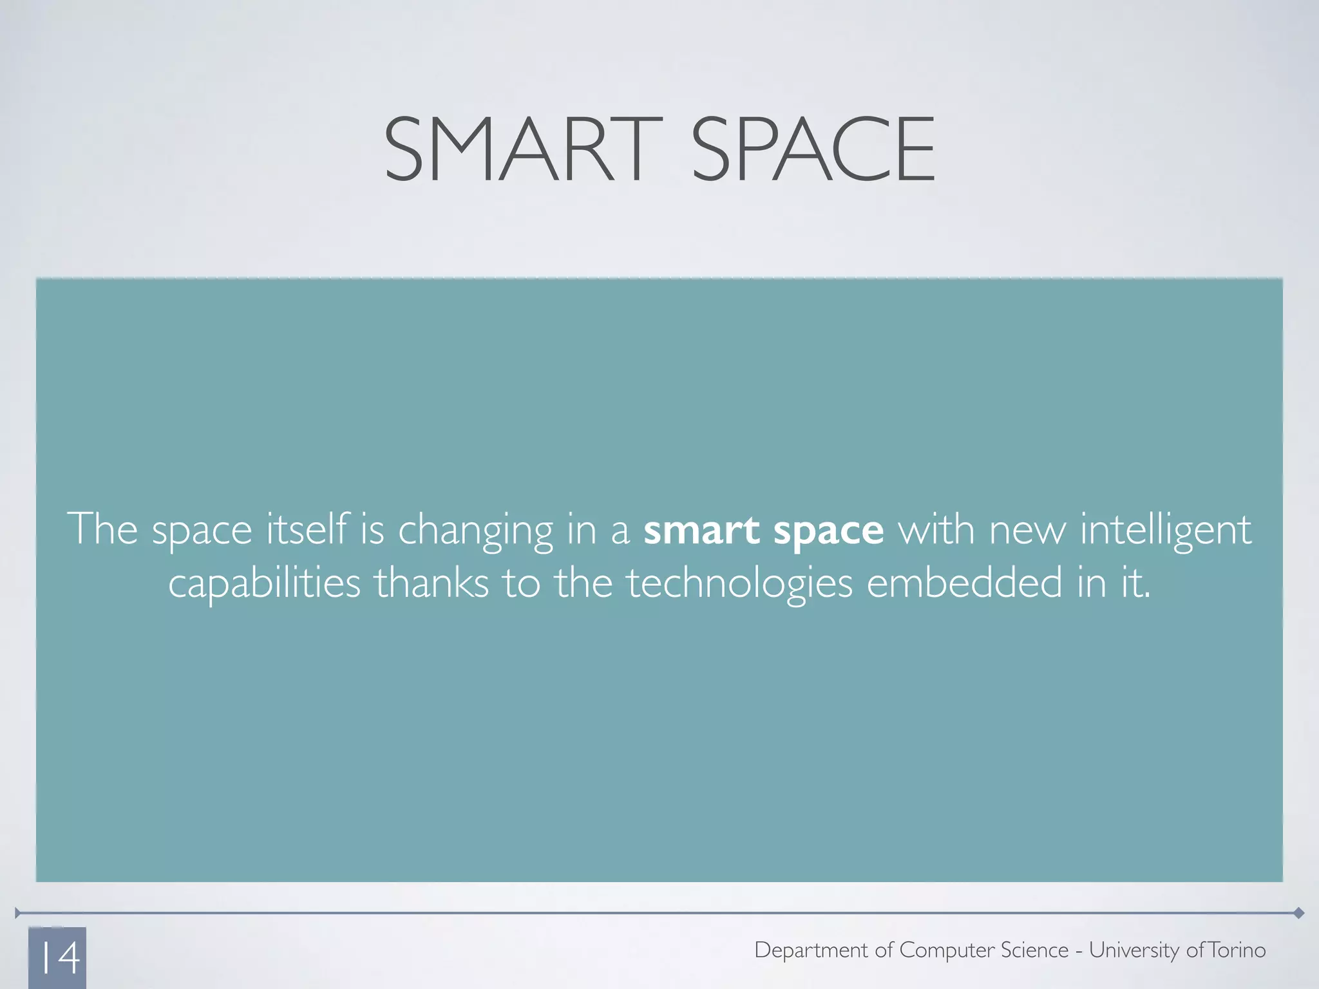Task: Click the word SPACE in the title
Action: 813,149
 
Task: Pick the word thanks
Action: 432,583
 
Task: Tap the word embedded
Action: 964,583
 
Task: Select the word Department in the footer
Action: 811,950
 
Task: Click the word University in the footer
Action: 1134,950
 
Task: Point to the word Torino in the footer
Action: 1237,950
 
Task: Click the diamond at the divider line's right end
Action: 1299,913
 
